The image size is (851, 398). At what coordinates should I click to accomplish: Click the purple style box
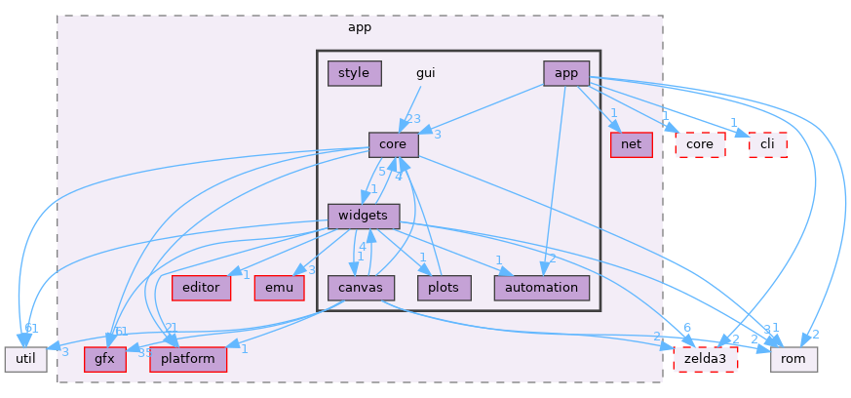point(354,73)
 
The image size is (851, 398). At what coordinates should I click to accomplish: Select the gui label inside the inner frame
point(426,73)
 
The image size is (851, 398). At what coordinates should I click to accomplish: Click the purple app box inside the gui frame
point(566,73)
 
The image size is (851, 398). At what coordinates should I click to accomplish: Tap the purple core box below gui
point(393,144)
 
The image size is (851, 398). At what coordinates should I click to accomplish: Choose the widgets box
point(364,216)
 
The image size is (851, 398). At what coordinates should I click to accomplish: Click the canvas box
point(361,287)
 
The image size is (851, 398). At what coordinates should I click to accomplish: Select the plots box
point(445,287)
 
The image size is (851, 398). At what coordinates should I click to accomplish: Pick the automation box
point(542,287)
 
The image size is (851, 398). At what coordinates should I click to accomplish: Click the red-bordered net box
point(630,144)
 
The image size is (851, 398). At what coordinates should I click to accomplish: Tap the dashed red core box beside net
point(700,144)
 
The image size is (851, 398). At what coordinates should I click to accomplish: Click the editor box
point(201,287)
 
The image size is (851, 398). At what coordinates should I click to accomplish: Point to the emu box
point(280,287)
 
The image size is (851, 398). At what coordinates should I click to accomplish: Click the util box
point(24,358)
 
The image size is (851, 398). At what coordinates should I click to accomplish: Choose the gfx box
point(105,358)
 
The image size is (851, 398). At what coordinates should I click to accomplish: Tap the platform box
point(188,358)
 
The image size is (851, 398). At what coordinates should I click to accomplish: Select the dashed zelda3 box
point(706,358)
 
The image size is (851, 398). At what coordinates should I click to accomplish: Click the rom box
point(793,358)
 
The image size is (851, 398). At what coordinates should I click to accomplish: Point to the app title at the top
point(360,26)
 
